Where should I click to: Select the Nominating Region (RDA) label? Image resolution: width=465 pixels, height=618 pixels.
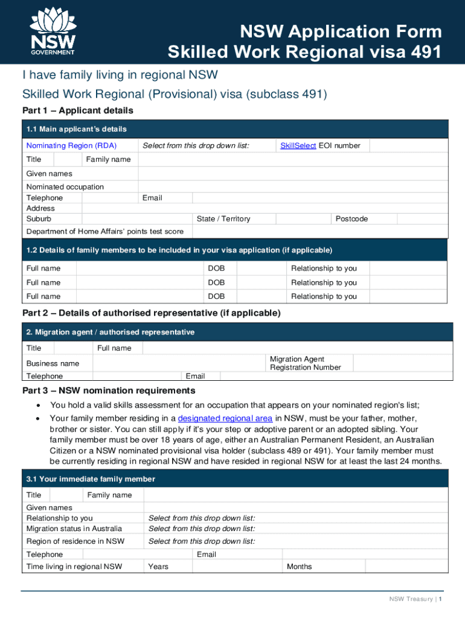(x=71, y=145)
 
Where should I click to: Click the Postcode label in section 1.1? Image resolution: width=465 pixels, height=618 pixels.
(x=351, y=218)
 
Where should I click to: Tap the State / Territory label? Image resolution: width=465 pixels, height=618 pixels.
(x=223, y=218)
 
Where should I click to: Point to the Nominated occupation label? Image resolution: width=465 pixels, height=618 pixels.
(x=65, y=187)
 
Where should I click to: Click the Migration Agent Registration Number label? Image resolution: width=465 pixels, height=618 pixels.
(x=306, y=363)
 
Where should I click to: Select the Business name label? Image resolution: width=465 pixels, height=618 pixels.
(x=53, y=363)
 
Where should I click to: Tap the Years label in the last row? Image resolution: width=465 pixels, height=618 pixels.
(x=158, y=566)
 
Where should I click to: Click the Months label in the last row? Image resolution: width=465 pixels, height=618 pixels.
(x=300, y=566)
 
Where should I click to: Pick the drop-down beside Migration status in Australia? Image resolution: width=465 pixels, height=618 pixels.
(x=202, y=529)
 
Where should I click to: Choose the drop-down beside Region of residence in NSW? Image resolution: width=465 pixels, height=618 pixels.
(x=202, y=541)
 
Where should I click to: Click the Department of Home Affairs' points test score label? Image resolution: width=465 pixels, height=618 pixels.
(x=105, y=232)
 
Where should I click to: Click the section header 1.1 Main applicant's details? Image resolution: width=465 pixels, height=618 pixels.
(x=77, y=129)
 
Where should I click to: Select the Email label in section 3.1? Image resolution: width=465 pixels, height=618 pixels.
(x=207, y=554)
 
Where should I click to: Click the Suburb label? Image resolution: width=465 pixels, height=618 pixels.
(x=39, y=218)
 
